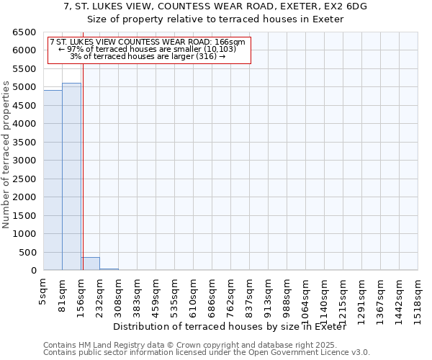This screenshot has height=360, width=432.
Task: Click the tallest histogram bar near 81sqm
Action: (x=71, y=176)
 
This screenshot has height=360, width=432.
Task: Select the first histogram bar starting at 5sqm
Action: (x=53, y=180)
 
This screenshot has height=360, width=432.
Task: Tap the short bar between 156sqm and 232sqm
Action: (x=90, y=264)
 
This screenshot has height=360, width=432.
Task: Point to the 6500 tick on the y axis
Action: (x=25, y=32)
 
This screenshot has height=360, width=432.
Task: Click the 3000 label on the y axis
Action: (x=25, y=161)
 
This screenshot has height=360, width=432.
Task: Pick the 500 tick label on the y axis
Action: (x=28, y=253)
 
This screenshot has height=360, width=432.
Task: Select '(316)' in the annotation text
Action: (x=207, y=56)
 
